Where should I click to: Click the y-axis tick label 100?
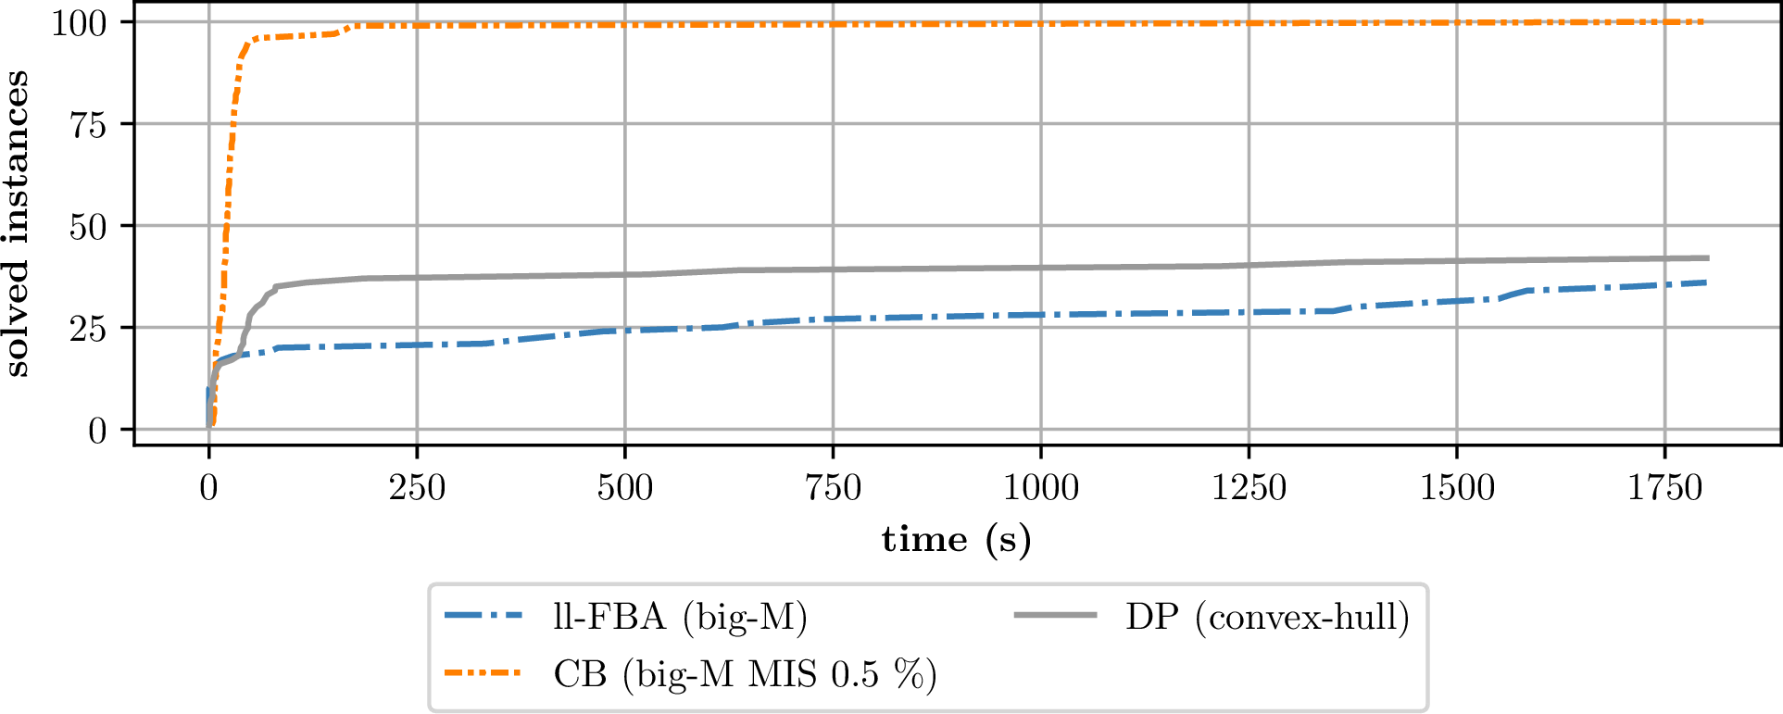click(x=80, y=22)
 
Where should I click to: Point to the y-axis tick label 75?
click(x=89, y=124)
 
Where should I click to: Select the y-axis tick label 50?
click(x=89, y=226)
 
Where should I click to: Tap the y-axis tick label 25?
click(x=89, y=328)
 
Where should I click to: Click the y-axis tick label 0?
click(x=98, y=431)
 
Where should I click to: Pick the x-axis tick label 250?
click(x=417, y=488)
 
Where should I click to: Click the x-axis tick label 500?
click(x=625, y=488)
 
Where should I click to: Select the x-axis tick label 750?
click(x=833, y=488)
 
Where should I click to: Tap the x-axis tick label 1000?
click(x=1041, y=488)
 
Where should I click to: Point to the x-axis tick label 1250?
click(x=1249, y=488)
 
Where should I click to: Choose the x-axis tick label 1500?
click(x=1457, y=488)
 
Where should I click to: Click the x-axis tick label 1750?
click(x=1665, y=488)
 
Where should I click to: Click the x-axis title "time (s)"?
click(x=956, y=539)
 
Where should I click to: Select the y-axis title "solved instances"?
click(x=17, y=224)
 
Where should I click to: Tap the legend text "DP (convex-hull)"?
click(x=1267, y=617)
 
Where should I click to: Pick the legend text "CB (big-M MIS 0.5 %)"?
click(x=746, y=674)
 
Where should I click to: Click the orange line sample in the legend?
click(x=483, y=673)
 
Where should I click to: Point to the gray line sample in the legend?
click(x=1055, y=616)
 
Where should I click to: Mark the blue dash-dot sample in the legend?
click(x=483, y=616)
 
